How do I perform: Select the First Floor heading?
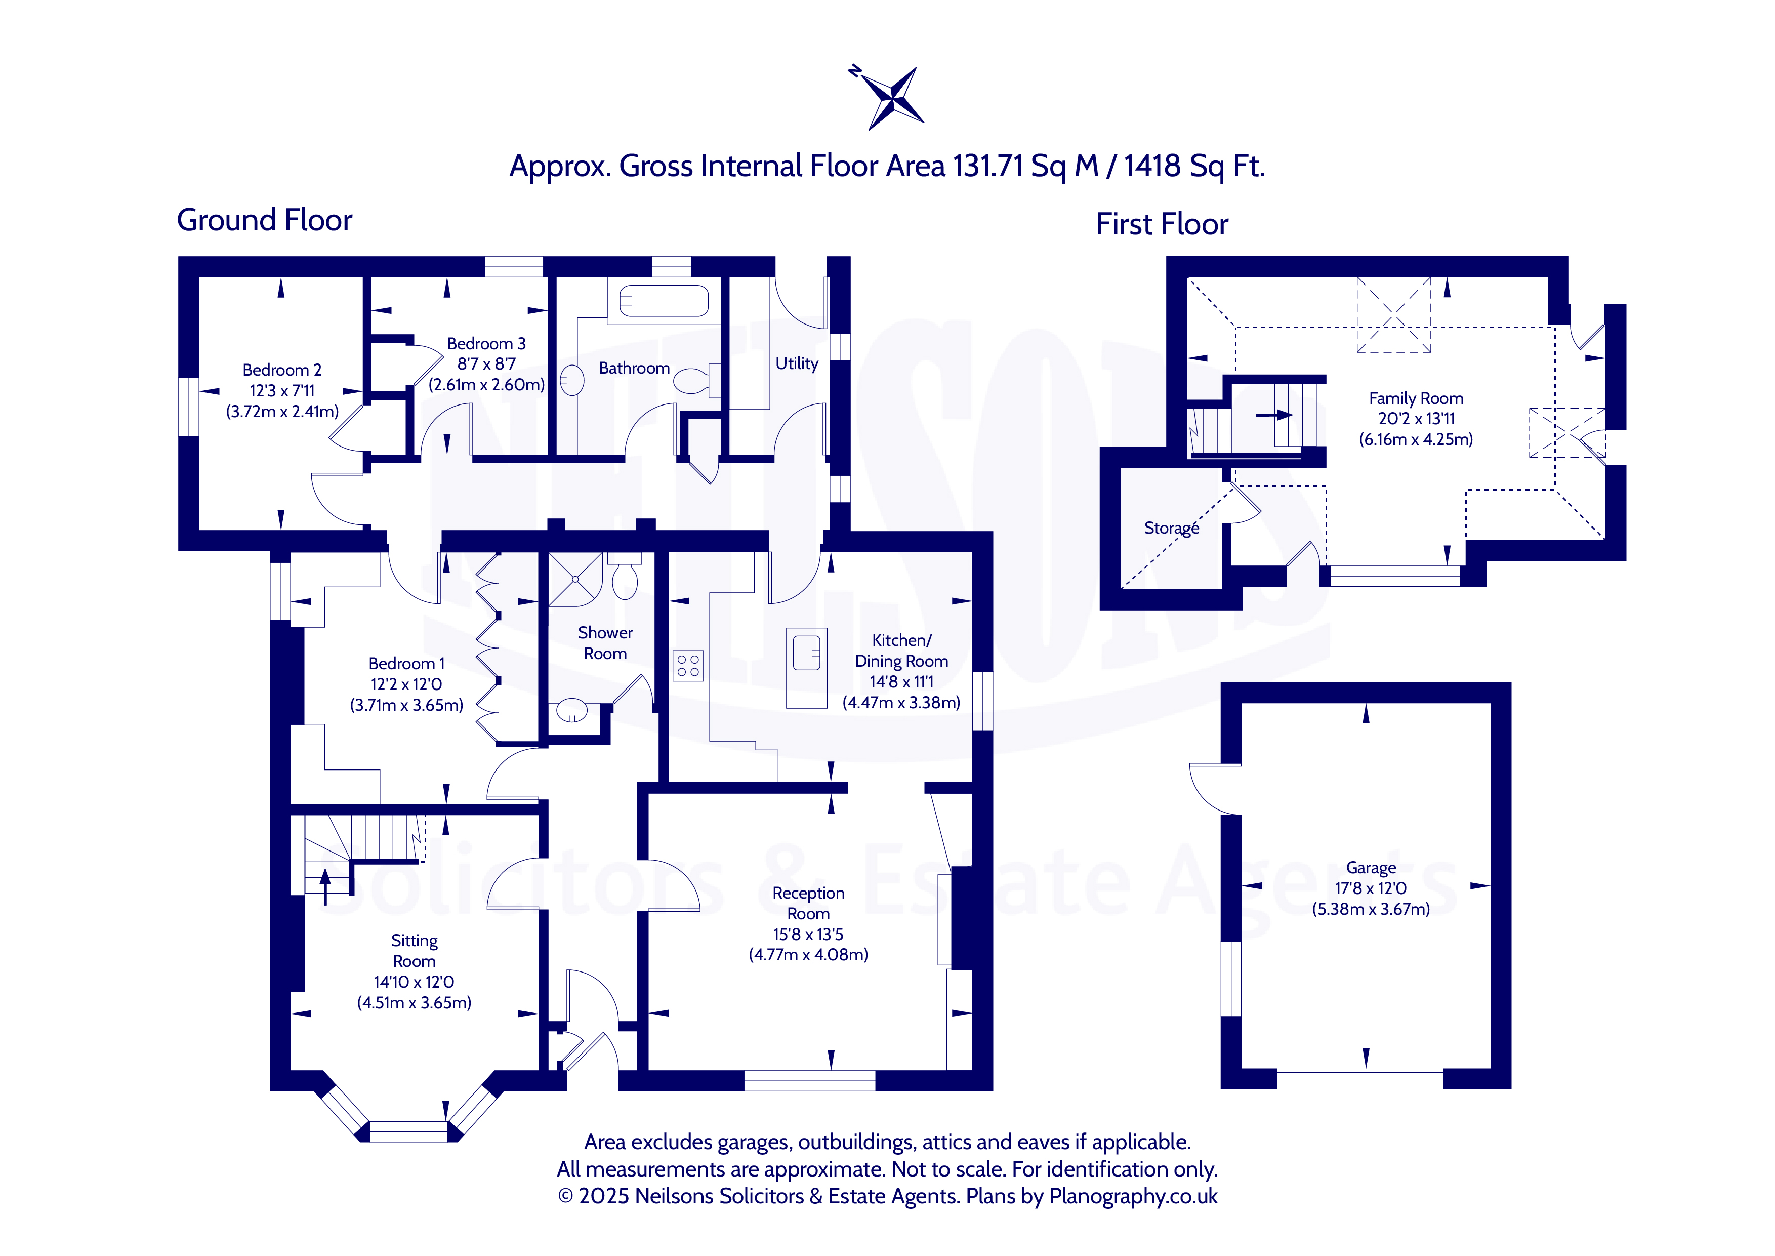tap(1162, 224)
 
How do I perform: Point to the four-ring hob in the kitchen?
tap(688, 665)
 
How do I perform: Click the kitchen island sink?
tap(806, 653)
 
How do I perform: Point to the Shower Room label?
tap(605, 643)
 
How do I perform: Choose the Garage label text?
tap(1371, 868)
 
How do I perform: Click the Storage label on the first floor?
tap(1171, 528)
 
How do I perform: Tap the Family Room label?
tap(1416, 398)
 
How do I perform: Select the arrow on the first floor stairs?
tap(1274, 415)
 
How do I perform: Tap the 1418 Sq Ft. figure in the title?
tap(1194, 166)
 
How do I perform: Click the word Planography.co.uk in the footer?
tap(1133, 1196)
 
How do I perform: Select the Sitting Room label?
tap(415, 951)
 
